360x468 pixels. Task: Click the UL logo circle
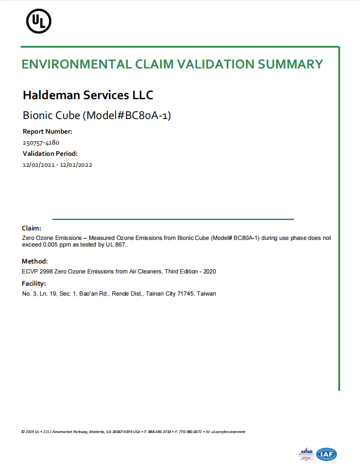click(39, 21)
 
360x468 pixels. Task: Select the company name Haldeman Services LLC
click(88, 95)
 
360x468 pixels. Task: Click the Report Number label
click(47, 131)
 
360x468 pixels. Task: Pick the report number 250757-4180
click(41, 142)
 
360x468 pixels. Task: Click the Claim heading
click(31, 228)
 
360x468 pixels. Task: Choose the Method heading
click(34, 261)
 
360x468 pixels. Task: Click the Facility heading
click(33, 283)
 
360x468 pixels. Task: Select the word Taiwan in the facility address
click(207, 294)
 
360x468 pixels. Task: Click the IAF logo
click(327, 454)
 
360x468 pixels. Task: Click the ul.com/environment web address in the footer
click(228, 432)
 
